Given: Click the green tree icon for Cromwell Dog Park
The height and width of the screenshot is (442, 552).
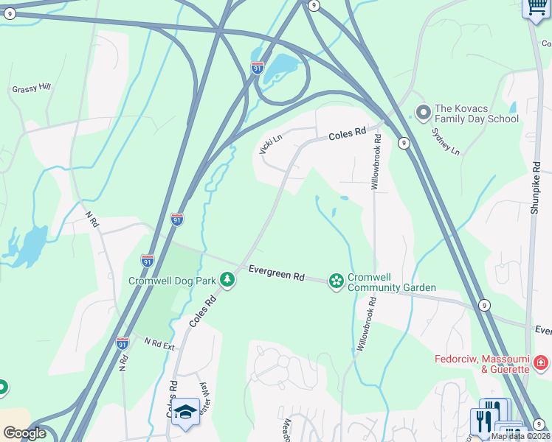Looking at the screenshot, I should tap(229, 280).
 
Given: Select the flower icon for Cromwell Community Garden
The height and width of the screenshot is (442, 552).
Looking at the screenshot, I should tap(337, 281).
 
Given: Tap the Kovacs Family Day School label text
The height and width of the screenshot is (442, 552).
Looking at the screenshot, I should tap(476, 113).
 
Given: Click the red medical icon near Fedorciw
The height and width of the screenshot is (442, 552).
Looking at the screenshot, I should tap(541, 362).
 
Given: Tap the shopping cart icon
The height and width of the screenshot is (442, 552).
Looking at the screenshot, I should tap(535, 7).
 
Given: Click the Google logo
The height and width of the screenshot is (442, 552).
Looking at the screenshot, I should tap(24, 433).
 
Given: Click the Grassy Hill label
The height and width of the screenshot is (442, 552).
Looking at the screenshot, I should tap(31, 89).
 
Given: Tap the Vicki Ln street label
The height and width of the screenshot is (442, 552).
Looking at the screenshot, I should tap(270, 144).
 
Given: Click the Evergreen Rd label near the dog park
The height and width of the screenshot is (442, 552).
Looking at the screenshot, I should tap(276, 273).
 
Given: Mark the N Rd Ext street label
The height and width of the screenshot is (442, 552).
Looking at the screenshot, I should tap(159, 343).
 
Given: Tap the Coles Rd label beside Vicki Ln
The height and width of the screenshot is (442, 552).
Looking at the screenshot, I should tap(347, 134).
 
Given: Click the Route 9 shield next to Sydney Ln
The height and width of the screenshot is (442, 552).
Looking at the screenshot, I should tap(404, 143).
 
